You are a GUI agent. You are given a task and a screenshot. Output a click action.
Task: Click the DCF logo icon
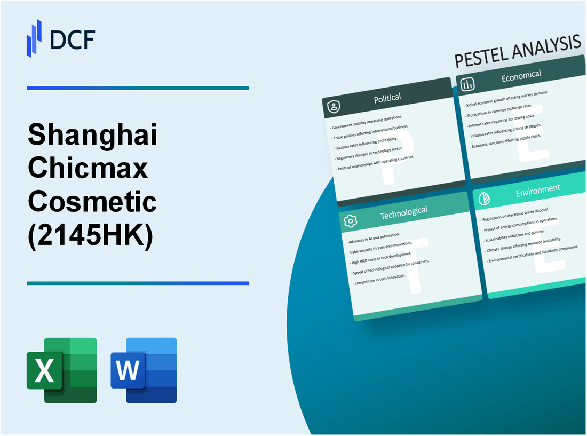tap(34, 38)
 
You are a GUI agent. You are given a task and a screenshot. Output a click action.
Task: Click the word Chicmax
tap(87, 169)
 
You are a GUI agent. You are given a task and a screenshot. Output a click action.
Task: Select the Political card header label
tap(388, 98)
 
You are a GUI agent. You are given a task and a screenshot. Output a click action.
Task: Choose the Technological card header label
tap(403, 212)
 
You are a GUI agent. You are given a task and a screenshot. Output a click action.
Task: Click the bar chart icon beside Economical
tap(468, 84)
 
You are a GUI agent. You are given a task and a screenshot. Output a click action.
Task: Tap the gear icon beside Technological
tap(351, 220)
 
